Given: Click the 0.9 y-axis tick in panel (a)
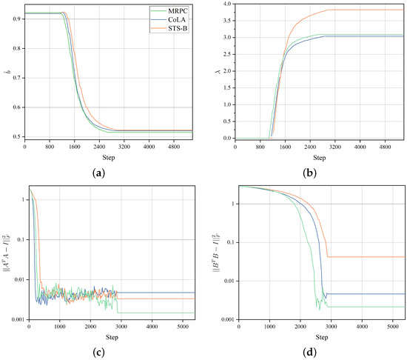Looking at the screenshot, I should pos(18,19).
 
